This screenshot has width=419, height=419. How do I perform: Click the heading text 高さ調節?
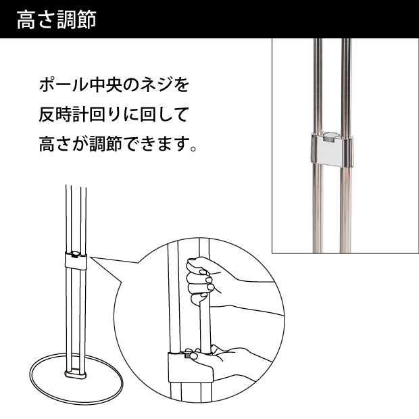56,20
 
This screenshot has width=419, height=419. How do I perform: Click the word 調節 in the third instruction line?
105,144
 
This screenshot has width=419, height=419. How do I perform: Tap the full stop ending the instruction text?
193,148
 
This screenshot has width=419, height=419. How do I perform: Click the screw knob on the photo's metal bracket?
330,137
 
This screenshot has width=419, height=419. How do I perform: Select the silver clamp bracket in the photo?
332,149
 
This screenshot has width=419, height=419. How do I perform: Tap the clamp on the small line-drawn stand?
76,261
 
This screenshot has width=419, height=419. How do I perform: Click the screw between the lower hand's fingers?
187,355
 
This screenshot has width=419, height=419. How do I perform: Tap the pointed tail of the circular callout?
91,257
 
